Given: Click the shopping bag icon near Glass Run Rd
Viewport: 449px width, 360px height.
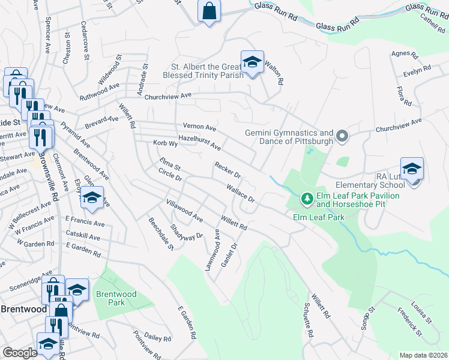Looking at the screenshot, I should (209, 11).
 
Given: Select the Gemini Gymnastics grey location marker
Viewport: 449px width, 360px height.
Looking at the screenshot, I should (342, 137).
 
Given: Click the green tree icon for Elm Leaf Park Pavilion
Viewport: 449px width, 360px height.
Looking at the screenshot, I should (306, 198).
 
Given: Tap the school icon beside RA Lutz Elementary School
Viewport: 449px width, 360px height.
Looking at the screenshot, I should (412, 169).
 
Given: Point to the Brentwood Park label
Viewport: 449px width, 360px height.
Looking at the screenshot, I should (116, 298).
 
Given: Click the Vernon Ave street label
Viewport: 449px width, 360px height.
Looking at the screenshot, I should (199, 128).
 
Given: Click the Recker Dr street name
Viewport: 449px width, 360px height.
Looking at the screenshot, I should (228, 171).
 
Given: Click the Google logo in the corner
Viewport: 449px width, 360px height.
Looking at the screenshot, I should (20, 353).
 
